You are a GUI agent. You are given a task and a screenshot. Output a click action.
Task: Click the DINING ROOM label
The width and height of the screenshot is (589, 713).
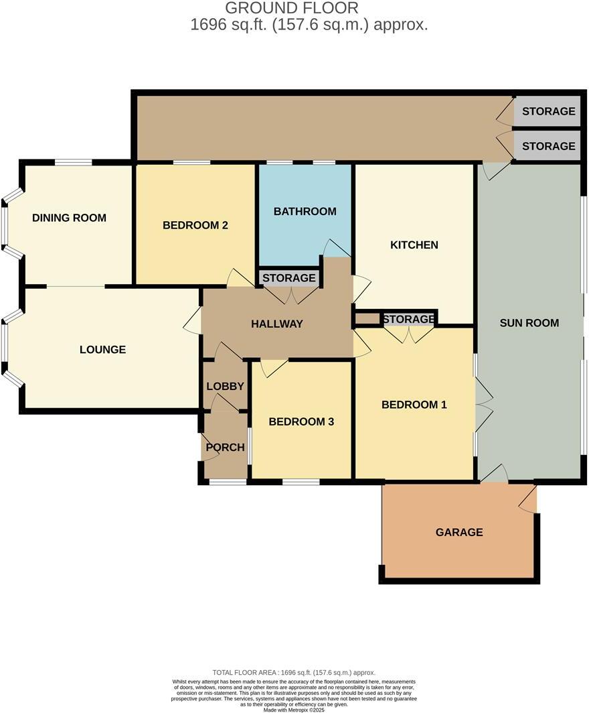[x=69, y=218]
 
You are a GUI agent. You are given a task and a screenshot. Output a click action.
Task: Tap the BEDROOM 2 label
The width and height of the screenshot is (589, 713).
[x=195, y=225]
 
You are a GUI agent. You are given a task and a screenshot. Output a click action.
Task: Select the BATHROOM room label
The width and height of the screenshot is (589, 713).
[x=305, y=211]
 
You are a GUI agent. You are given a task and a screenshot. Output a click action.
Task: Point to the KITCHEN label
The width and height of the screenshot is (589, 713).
[x=414, y=245]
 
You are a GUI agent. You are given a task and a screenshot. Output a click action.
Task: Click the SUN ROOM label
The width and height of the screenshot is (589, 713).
[x=529, y=323]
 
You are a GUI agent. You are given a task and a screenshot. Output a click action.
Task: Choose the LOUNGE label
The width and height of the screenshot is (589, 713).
[x=102, y=349]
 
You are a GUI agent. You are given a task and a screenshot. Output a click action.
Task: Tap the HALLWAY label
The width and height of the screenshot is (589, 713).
[x=277, y=324]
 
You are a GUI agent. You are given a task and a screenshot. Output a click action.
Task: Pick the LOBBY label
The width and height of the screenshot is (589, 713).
[x=225, y=386]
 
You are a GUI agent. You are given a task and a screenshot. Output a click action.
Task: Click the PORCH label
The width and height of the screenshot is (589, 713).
[x=225, y=447]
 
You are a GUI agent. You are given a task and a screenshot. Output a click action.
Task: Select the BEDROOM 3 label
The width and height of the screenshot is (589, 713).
[x=301, y=422]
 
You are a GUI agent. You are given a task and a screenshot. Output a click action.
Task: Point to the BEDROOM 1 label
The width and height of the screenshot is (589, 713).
[x=414, y=404]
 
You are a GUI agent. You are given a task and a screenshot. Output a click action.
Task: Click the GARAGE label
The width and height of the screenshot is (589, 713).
[x=459, y=532]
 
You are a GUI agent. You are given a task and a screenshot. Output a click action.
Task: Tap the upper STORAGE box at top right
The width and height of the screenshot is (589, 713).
[x=548, y=111]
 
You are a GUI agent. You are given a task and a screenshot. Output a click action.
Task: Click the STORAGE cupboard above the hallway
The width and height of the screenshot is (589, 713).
[x=288, y=277]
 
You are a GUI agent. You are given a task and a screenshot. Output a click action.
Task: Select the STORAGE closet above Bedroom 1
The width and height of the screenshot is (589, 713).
[x=409, y=319]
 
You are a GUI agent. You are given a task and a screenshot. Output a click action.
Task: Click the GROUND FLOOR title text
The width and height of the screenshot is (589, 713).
[x=291, y=8]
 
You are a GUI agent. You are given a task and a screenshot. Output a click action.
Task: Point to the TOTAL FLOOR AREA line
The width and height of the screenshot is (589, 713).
[x=294, y=672]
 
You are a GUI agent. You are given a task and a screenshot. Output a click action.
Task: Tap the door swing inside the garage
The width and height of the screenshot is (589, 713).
[x=528, y=499]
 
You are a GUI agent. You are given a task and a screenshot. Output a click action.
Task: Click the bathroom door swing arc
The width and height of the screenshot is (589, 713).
[x=336, y=249]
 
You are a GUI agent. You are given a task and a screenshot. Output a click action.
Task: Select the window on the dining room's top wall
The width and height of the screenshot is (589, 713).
[x=73, y=162]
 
